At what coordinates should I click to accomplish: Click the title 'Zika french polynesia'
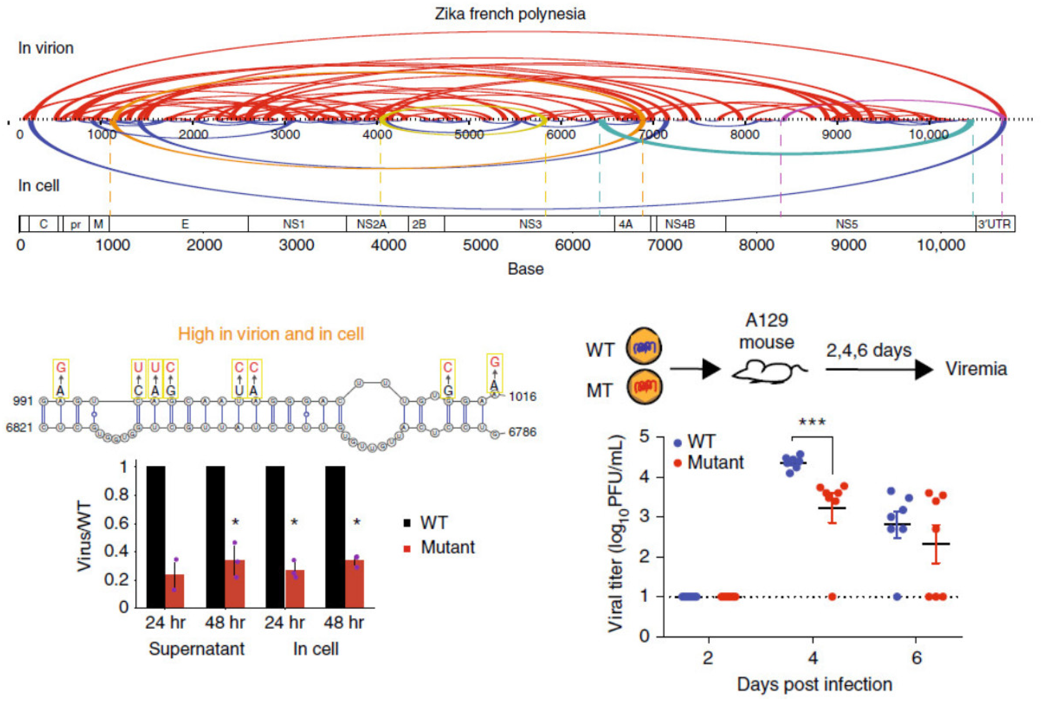[510, 14]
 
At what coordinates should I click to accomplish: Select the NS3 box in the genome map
[530, 224]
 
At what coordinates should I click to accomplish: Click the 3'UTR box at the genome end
[994, 224]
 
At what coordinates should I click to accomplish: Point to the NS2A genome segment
[371, 224]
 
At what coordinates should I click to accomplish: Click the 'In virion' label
[46, 48]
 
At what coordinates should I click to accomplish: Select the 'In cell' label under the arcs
[38, 185]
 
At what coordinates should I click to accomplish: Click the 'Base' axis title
[525, 269]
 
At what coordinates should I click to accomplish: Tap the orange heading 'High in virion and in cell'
[271, 334]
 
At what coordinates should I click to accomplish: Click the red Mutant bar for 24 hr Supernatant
[174, 591]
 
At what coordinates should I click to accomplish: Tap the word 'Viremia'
[976, 369]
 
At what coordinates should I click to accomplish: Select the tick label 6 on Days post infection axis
[916, 658]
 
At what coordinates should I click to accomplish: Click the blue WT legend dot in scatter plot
[678, 443]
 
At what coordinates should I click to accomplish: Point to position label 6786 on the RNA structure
[522, 432]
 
